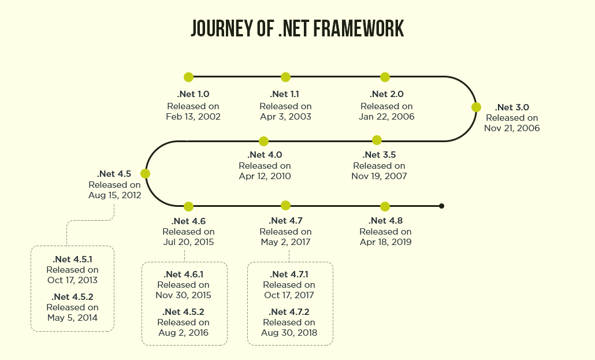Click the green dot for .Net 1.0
click(188, 77)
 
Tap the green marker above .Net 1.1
click(285, 77)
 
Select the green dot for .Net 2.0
click(385, 77)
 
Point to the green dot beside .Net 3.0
click(476, 107)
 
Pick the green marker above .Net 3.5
click(377, 140)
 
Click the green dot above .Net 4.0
click(264, 141)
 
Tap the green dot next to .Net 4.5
click(145, 173)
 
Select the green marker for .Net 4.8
click(385, 206)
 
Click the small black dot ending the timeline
click(441, 206)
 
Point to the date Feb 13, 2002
click(193, 117)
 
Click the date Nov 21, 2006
click(512, 128)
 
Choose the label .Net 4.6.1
click(184, 274)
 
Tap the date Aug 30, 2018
click(289, 333)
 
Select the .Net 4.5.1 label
click(72, 259)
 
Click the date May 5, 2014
click(72, 318)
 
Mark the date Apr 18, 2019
click(385, 242)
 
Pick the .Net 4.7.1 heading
click(289, 274)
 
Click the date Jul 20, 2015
click(188, 242)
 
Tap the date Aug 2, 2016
click(183, 333)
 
